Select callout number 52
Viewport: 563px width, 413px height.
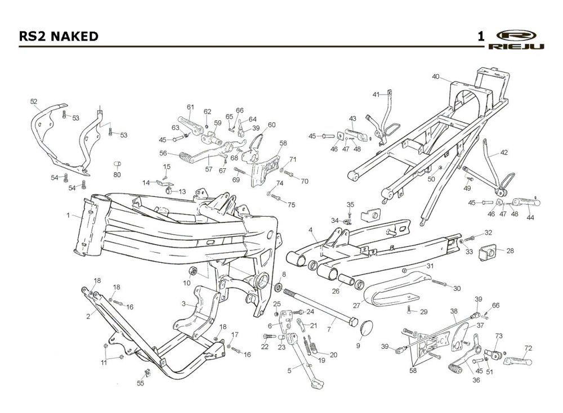click(x=34, y=101)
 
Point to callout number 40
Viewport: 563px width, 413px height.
click(x=436, y=77)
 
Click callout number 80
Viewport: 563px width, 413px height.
click(x=117, y=174)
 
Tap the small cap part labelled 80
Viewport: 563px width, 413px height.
click(x=118, y=164)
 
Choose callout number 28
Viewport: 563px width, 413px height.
click(x=510, y=250)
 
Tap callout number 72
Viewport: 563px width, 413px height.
click(x=528, y=348)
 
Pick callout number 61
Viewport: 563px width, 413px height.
click(x=190, y=107)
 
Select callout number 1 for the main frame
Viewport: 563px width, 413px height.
click(x=68, y=215)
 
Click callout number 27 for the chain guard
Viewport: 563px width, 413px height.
click(x=356, y=306)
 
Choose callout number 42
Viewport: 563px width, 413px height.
click(x=504, y=152)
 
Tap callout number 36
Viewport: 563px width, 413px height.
click(x=461, y=379)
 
